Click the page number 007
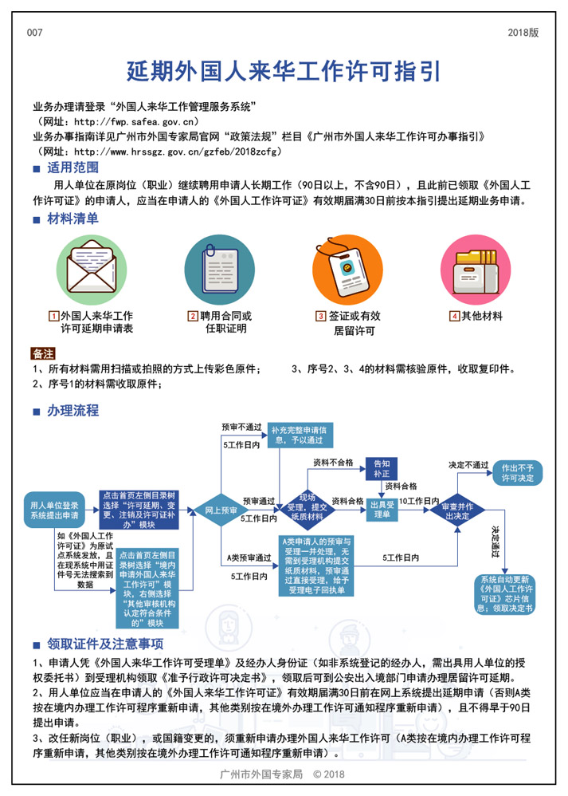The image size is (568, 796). pos(34,33)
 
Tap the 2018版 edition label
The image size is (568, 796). pos(523,33)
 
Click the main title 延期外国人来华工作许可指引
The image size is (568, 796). pos(284,72)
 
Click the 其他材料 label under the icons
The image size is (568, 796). pos(482,316)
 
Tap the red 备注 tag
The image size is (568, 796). pos(43,353)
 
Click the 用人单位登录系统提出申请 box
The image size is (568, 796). pos(54,510)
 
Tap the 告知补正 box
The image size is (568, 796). pos(381,468)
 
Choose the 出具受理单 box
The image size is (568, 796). pos(381,510)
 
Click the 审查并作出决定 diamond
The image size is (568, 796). pos(457,510)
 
